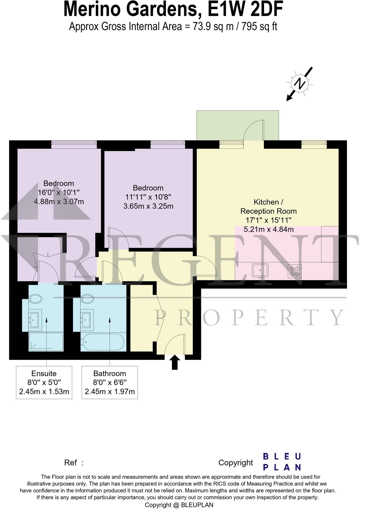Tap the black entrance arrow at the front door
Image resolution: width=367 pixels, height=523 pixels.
pyautogui.click(x=175, y=362)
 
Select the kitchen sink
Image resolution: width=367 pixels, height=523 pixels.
pyautogui.click(x=260, y=270)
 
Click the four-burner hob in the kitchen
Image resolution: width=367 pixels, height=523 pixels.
pyautogui.click(x=294, y=271)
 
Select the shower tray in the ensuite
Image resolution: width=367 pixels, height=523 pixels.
pyautogui.click(x=46, y=341)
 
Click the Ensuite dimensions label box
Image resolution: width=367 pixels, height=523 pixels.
pyautogui.click(x=44, y=382)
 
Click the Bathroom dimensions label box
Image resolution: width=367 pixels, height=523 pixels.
pyautogui.click(x=110, y=382)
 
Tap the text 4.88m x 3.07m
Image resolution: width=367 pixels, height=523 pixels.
pyautogui.click(x=59, y=202)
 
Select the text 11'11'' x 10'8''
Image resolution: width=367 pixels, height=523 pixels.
pyautogui.click(x=148, y=197)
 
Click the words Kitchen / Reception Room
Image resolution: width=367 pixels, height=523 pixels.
pyautogui.click(x=268, y=207)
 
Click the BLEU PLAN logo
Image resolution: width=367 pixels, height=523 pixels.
pyautogui.click(x=282, y=462)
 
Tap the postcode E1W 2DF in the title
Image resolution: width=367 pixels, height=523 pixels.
pyautogui.click(x=245, y=10)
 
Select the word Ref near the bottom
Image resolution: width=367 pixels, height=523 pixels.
pyautogui.click(x=70, y=462)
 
